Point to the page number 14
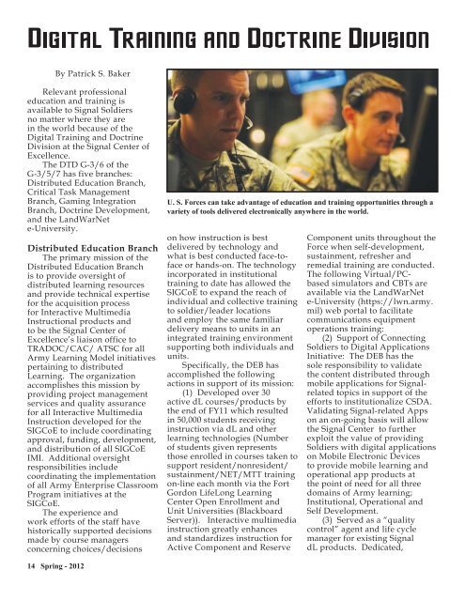pyautogui.click(x=19, y=589)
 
